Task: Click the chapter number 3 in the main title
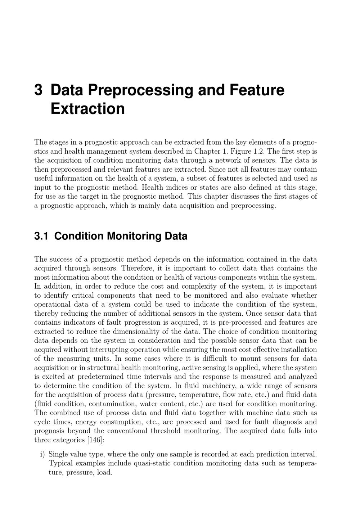38,90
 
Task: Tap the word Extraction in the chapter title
87,109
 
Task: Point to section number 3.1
41,236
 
